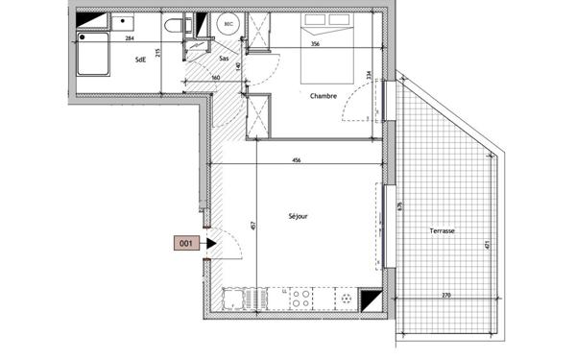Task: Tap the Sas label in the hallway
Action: tap(224, 60)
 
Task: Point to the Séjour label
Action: tap(298, 217)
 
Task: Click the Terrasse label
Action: tap(443, 231)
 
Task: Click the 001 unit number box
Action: tap(185, 245)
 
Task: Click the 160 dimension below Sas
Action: tap(216, 78)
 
